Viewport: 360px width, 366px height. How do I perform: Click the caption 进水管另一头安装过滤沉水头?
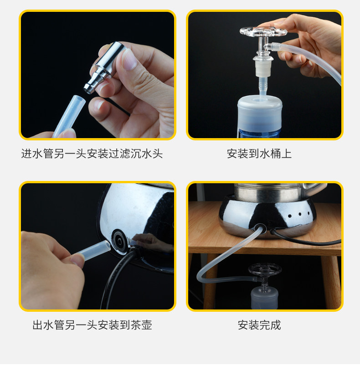pyautogui.click(x=92, y=154)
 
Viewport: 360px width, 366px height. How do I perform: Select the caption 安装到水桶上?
pyautogui.click(x=259, y=154)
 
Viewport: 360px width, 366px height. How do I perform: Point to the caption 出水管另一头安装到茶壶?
pyautogui.click(x=92, y=325)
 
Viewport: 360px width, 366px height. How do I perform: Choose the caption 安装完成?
pyautogui.click(x=259, y=325)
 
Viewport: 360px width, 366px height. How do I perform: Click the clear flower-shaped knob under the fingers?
pyautogui.click(x=263, y=32)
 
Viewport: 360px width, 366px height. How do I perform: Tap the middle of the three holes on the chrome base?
pyautogui.click(x=299, y=214)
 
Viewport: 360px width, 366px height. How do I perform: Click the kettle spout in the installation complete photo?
pyautogui.click(x=315, y=187)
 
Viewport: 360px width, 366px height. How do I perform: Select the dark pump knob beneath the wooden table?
pyautogui.click(x=265, y=269)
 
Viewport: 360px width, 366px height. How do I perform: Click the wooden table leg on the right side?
pyautogui.click(x=331, y=283)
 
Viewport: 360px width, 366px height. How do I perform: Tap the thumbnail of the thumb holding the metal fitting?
pyautogui.click(x=128, y=59)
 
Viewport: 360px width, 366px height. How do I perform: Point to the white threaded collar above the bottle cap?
pyautogui.click(x=263, y=68)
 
